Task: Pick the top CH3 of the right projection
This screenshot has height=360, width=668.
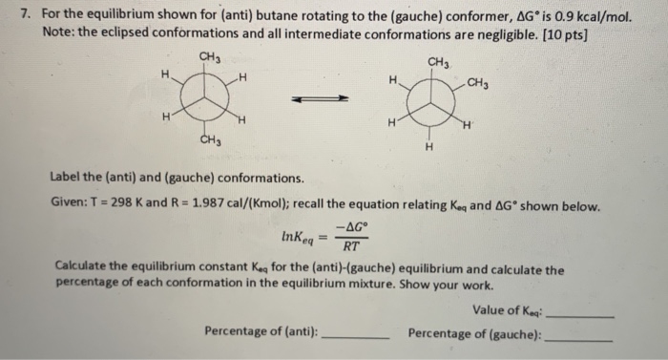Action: (x=439, y=63)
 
